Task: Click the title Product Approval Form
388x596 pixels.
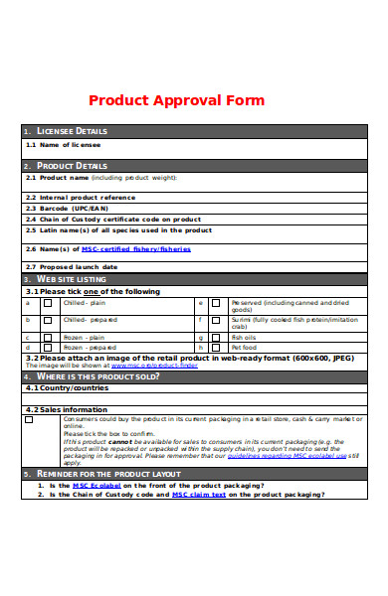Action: (177, 100)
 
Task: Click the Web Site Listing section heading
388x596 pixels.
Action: (72, 280)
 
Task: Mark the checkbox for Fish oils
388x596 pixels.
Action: (215, 338)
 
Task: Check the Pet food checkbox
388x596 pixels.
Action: (215, 349)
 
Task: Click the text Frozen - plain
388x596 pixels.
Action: (85, 338)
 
